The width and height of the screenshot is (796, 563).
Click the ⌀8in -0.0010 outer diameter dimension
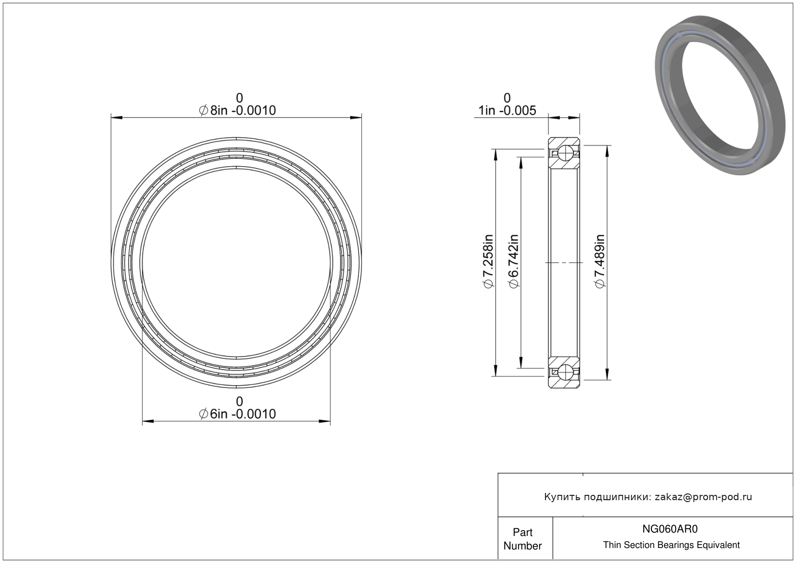pyautogui.click(x=237, y=111)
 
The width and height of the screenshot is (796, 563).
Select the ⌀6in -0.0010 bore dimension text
pyautogui.click(x=237, y=414)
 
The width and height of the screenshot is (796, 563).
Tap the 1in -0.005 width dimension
pyautogui.click(x=507, y=111)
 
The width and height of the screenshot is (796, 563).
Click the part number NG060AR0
pyautogui.click(x=670, y=529)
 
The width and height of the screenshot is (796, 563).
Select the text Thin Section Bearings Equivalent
pyautogui.click(x=671, y=545)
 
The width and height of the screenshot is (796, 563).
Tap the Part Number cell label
pyautogui.click(x=523, y=539)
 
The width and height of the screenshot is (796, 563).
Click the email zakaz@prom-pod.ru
pyautogui.click(x=703, y=497)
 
